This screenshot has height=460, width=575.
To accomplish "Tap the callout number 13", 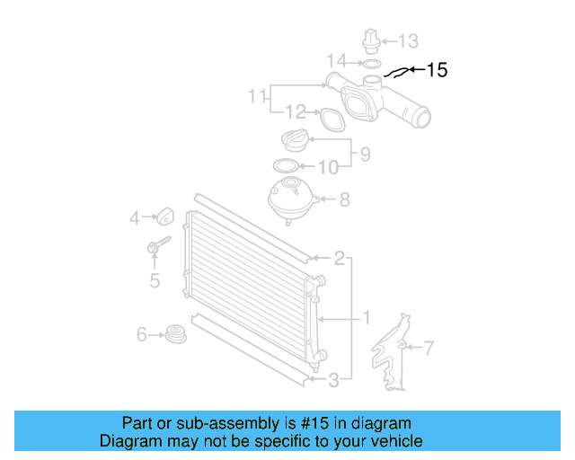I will coord(408,40).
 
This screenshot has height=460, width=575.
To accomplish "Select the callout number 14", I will coord(336,61).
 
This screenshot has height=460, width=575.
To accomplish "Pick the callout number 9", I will coord(365,155).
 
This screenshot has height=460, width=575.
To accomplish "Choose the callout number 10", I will coord(328,167).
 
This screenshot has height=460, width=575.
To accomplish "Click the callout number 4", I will coord(135,217).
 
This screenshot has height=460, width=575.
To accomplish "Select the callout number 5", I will coord(155,281).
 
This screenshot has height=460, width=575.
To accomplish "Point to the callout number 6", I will coord(141,335).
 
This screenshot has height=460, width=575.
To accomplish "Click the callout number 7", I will coord(429,347).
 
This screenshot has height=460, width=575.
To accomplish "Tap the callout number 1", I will coord(366,317).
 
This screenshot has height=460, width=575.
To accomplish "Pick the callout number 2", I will coord(339,260).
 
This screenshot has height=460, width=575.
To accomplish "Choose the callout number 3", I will coord(333,380).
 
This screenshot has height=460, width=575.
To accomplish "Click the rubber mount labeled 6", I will coord(177,334).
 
